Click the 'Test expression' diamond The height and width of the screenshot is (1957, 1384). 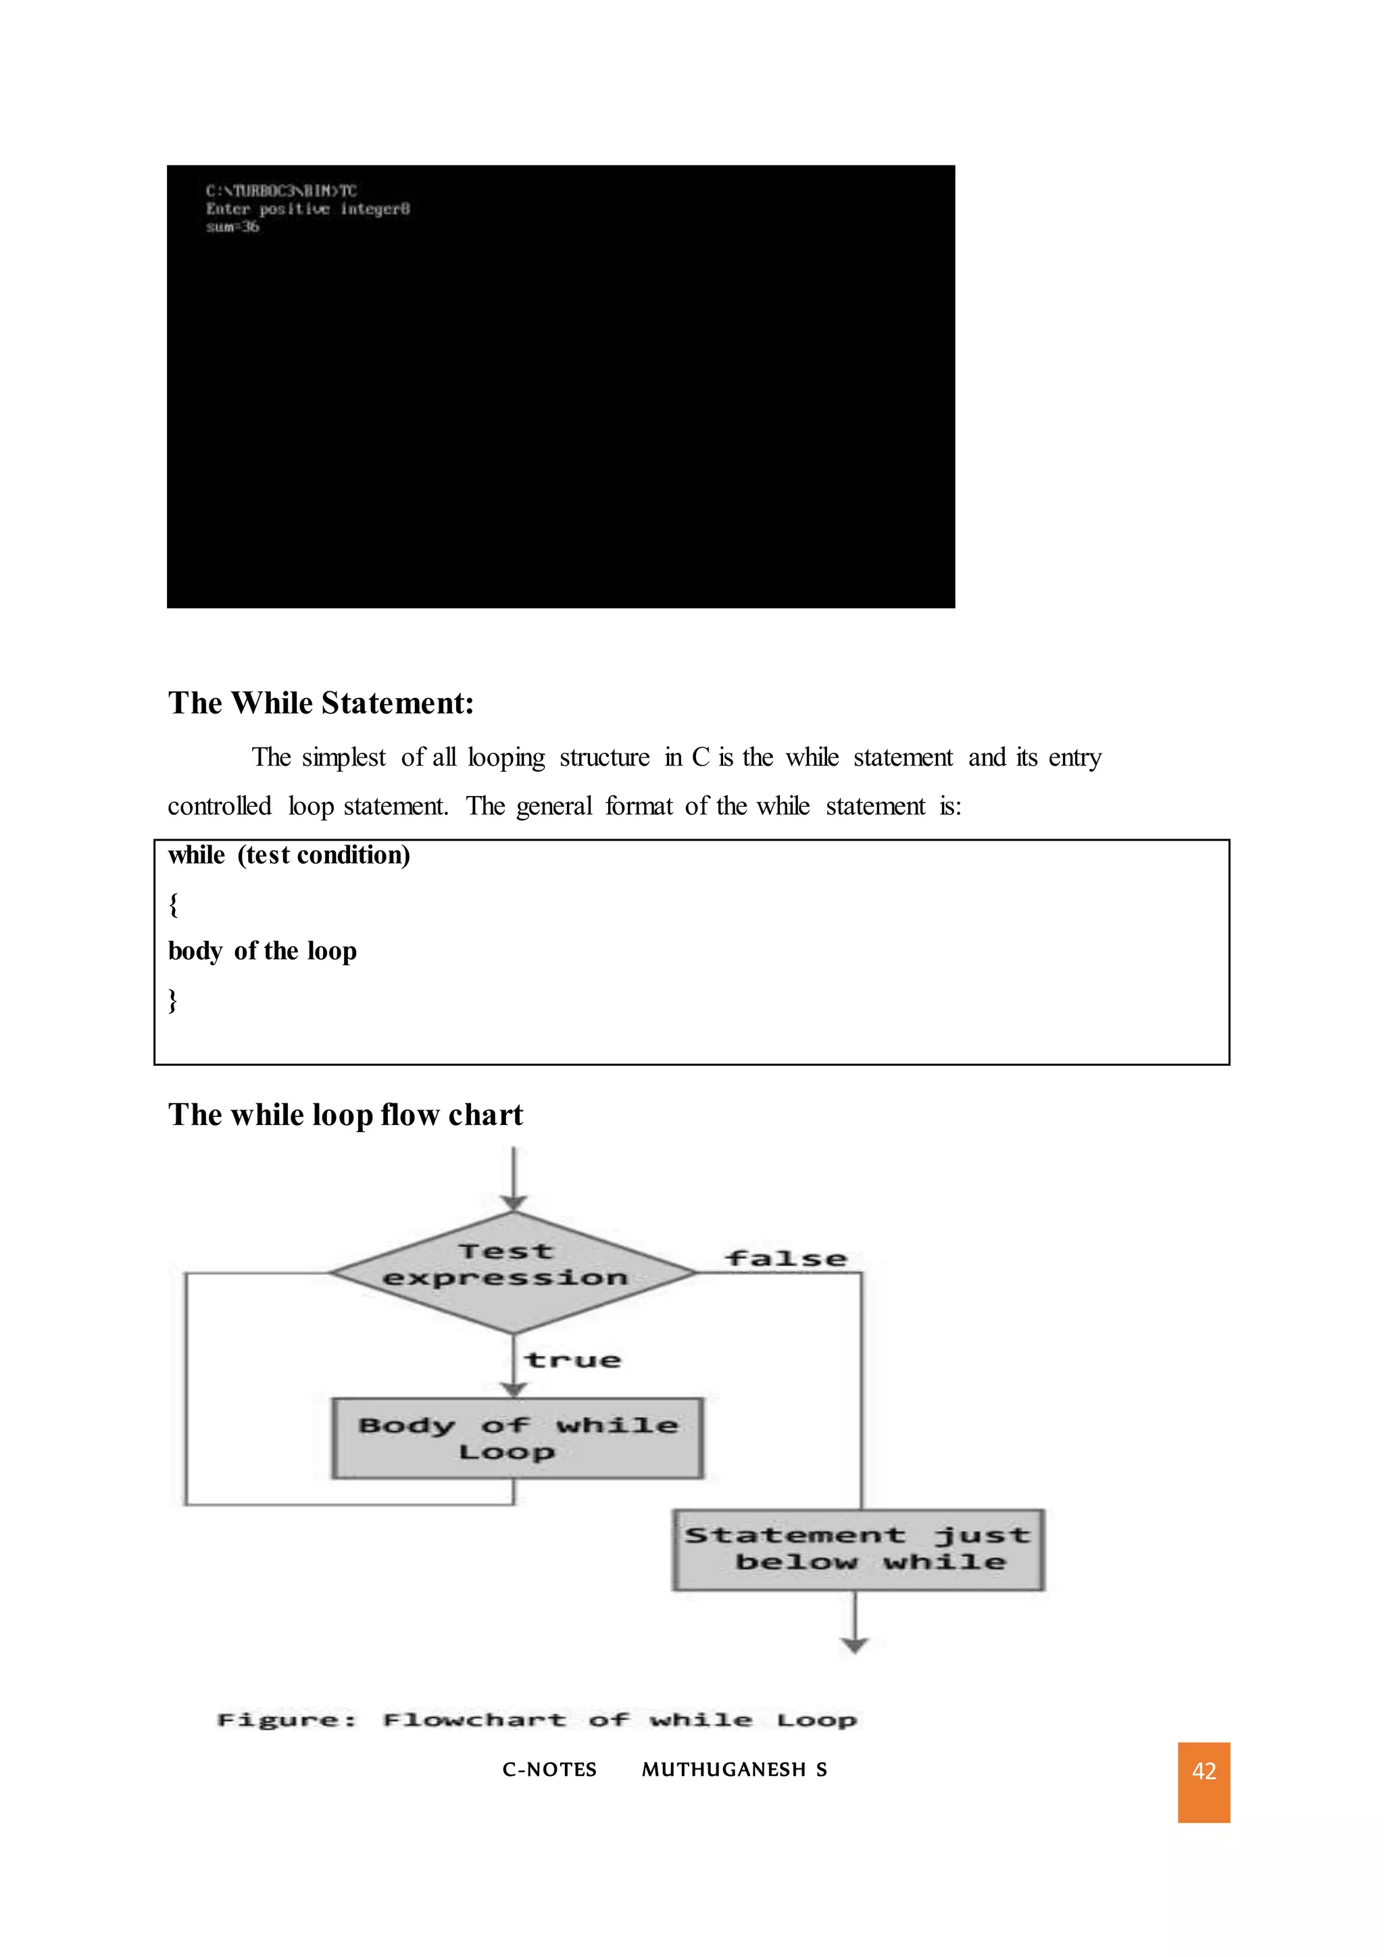pos(513,1272)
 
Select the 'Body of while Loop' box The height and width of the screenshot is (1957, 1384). pos(517,1437)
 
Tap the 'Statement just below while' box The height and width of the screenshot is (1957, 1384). pos(858,1549)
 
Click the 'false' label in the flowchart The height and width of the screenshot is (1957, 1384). pos(786,1259)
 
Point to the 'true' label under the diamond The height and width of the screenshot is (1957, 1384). pos(572,1360)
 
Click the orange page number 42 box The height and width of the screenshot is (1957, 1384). pos(1204,1782)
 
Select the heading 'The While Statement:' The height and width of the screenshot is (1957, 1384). pos(320,703)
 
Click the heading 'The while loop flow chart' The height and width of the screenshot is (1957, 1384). pos(345,1115)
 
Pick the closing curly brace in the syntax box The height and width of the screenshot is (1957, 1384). pos(173,1000)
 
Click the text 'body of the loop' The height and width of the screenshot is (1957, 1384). pos(262,951)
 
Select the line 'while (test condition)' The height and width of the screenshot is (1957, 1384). pos(289,855)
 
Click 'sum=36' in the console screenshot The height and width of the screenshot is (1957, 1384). pos(232,227)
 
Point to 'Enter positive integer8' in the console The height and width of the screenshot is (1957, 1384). pos(307,209)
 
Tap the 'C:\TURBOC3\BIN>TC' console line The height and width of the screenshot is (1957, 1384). pos(281,191)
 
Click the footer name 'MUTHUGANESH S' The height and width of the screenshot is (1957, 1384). pos(734,1770)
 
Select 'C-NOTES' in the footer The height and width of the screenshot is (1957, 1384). pos(549,1770)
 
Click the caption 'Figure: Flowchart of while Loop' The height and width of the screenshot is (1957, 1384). pos(537,1720)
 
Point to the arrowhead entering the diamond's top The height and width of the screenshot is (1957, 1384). pos(513,1203)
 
